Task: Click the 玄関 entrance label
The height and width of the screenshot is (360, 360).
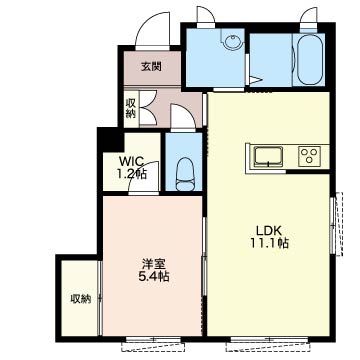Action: (x=151, y=67)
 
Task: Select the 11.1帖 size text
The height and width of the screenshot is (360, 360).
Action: (x=269, y=244)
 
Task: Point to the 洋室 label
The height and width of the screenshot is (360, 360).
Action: (x=154, y=265)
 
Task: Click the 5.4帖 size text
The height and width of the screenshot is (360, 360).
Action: (x=154, y=277)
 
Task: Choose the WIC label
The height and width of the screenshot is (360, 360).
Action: (x=132, y=161)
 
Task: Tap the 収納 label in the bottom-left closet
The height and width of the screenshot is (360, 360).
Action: (x=81, y=299)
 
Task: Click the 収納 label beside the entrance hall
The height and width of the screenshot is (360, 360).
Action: (x=130, y=109)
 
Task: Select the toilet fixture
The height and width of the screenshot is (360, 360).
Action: (x=184, y=174)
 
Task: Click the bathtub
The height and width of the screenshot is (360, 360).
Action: (x=309, y=59)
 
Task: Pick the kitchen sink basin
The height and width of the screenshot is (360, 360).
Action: (x=268, y=156)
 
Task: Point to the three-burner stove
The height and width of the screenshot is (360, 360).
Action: (x=309, y=156)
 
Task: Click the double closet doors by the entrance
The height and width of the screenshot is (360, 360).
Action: (x=148, y=107)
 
